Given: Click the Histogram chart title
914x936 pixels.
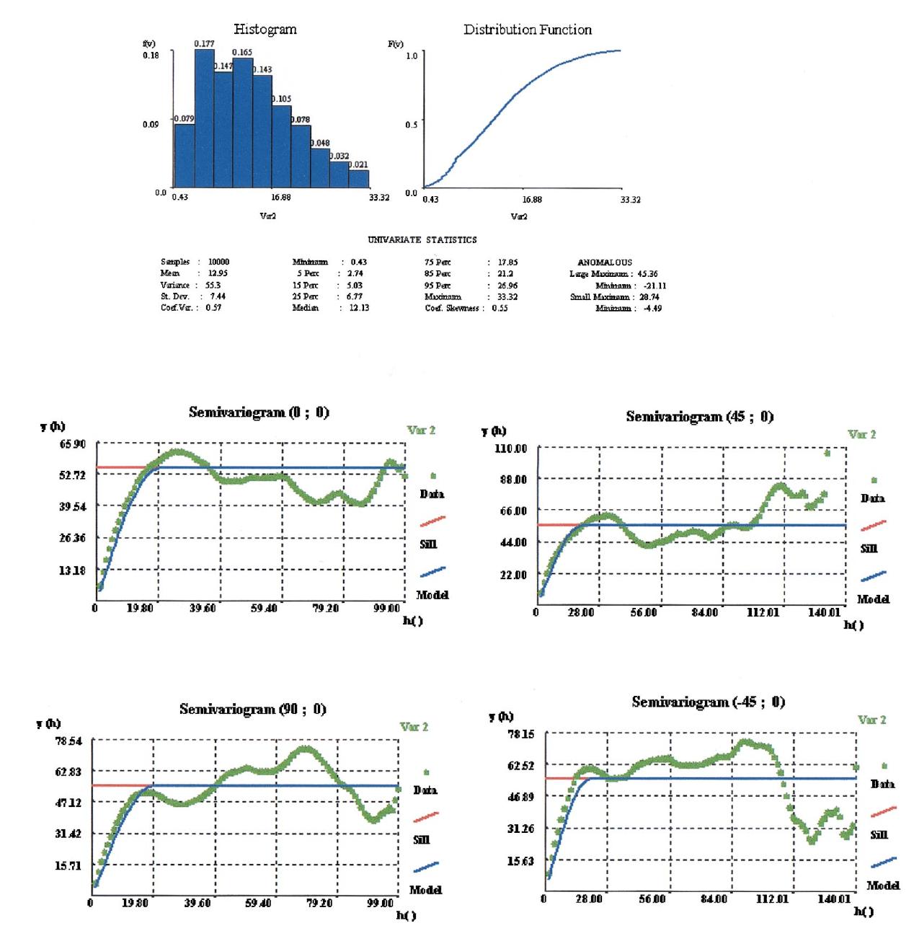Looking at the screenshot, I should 265,30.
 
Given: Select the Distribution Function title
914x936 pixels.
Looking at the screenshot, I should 528,30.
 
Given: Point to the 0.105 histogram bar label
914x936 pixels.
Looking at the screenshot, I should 281,99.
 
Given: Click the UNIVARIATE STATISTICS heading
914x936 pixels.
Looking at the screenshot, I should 422,239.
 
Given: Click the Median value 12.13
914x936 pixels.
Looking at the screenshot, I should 359,308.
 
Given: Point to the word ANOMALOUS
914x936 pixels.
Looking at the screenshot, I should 605,262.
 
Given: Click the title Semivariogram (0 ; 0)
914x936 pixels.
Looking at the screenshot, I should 259,412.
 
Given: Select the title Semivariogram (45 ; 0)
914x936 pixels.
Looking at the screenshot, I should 698,417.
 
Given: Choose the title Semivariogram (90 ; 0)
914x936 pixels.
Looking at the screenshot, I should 252,710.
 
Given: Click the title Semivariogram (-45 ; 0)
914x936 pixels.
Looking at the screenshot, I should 707,702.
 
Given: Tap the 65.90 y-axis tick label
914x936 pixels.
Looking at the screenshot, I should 73,444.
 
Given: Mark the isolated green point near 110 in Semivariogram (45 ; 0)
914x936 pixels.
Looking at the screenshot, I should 827,453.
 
